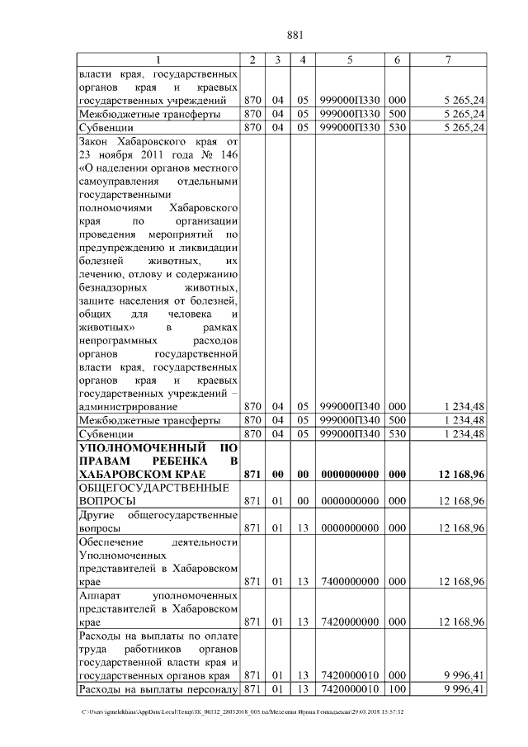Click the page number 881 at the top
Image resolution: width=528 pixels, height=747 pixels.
coord(296,35)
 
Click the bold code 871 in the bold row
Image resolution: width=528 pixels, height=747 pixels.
coord(253,475)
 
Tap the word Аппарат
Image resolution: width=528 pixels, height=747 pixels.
coord(100,594)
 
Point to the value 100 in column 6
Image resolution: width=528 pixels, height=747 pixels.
coord(397,688)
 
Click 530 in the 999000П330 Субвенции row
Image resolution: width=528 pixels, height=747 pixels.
coord(397,128)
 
